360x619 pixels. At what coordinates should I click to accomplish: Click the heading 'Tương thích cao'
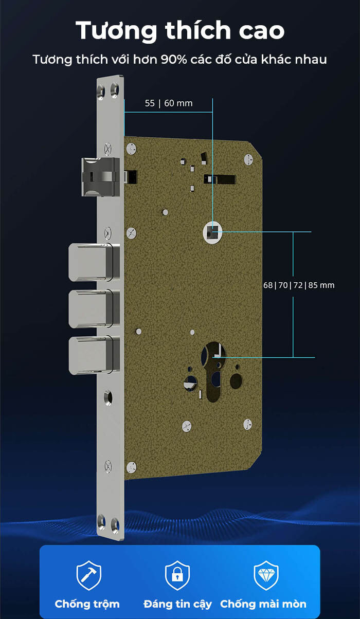(x=180, y=30)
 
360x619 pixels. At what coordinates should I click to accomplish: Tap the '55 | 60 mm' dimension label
(x=169, y=103)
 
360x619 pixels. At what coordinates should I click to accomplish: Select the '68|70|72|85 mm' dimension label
(x=299, y=285)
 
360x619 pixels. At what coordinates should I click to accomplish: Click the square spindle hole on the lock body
(x=213, y=233)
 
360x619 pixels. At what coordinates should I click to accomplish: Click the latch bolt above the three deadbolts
(x=100, y=177)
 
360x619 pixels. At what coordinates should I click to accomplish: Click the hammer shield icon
(x=89, y=575)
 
